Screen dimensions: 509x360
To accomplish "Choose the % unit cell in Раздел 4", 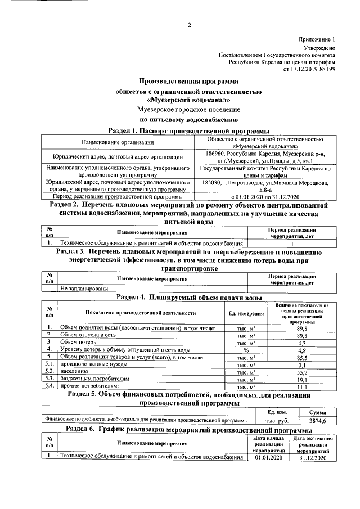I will pos(246,349).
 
